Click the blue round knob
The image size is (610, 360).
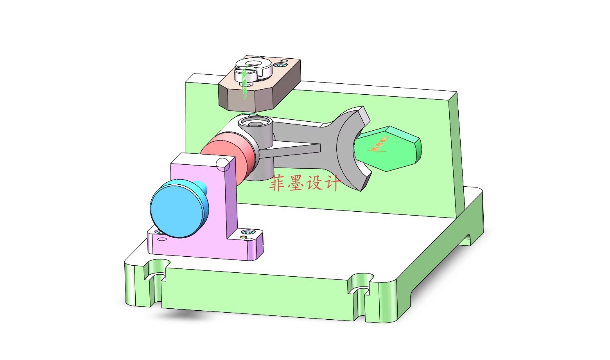tap(178, 210)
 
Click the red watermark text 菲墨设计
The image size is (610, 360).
tap(305, 183)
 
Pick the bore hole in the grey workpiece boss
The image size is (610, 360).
tap(255, 123)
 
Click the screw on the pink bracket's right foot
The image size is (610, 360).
tap(247, 232)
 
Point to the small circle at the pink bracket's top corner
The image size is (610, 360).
tap(222, 164)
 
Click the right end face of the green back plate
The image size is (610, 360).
tap(460, 157)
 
